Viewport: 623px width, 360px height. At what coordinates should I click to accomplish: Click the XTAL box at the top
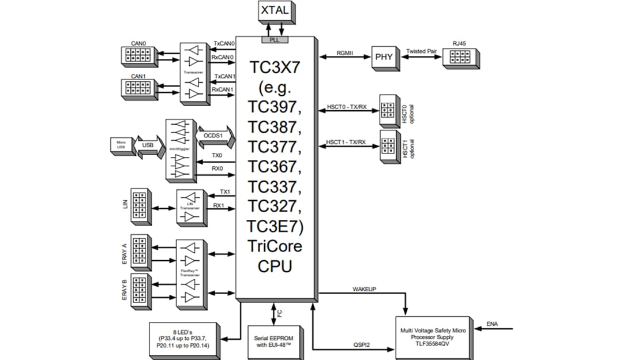click(x=274, y=12)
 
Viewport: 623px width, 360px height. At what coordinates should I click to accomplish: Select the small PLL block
click(x=274, y=39)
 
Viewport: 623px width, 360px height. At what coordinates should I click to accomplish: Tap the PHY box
click(x=383, y=58)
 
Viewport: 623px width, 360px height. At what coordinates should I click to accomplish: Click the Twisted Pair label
click(x=422, y=51)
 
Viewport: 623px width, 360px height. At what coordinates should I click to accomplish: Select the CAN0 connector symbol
click(x=137, y=55)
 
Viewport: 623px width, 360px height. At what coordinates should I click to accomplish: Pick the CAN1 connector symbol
click(x=137, y=88)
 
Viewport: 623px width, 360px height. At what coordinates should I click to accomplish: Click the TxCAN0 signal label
click(x=224, y=43)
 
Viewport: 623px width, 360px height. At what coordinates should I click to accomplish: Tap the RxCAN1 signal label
click(x=224, y=89)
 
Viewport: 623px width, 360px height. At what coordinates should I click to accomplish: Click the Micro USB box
click(x=121, y=145)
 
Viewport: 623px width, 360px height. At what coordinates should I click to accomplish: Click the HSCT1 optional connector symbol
click(x=388, y=145)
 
